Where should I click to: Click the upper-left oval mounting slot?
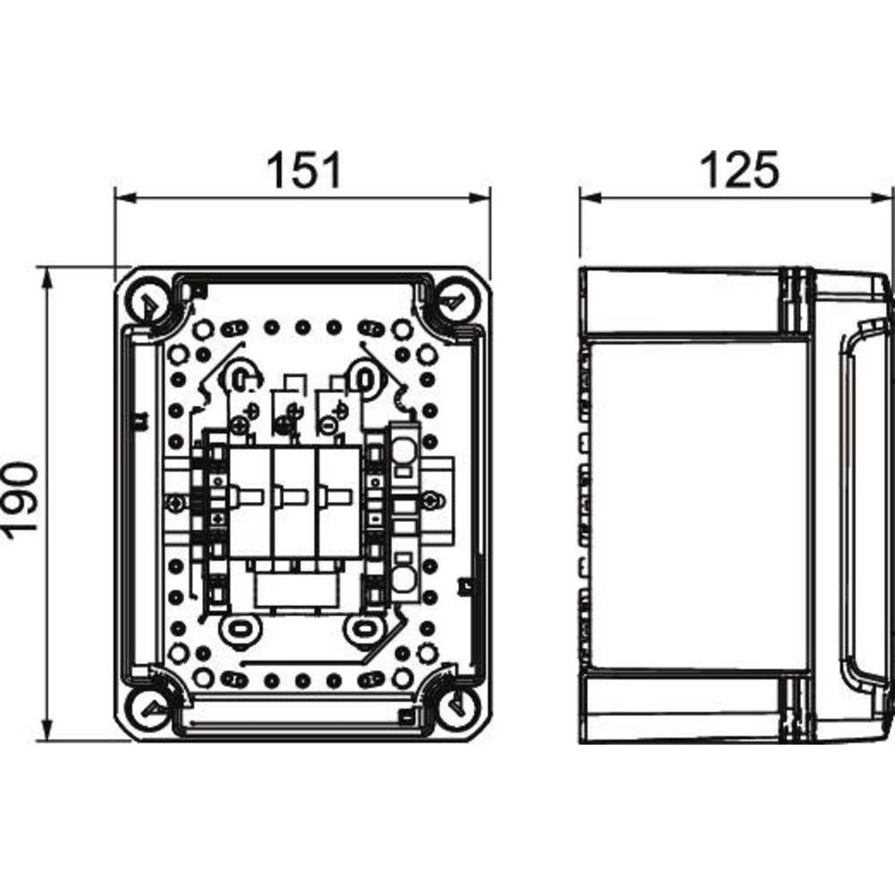[240, 376]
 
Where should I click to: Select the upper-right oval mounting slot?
[363, 376]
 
